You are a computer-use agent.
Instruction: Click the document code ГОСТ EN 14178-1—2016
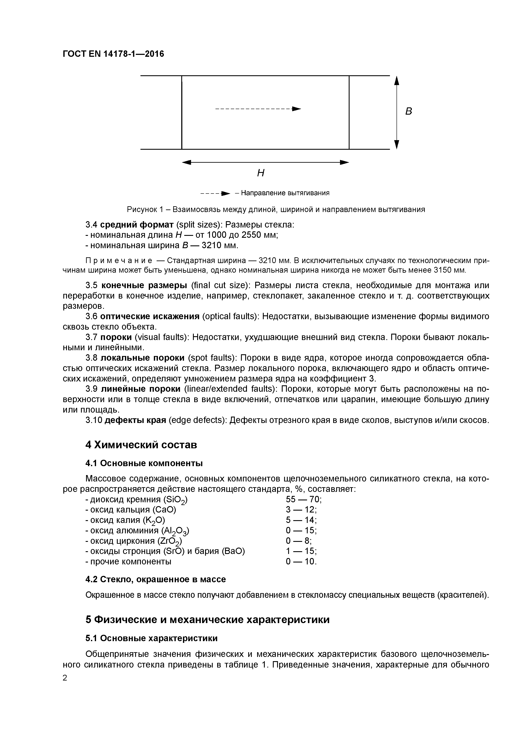tap(113, 54)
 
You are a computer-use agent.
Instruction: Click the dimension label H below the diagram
tap(260, 173)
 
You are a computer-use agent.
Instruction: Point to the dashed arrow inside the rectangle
tap(258, 108)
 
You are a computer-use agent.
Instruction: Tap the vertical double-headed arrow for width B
tap(396, 112)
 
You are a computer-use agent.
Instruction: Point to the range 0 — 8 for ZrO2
tap(298, 541)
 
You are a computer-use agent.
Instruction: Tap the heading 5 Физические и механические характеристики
tap(207, 620)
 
